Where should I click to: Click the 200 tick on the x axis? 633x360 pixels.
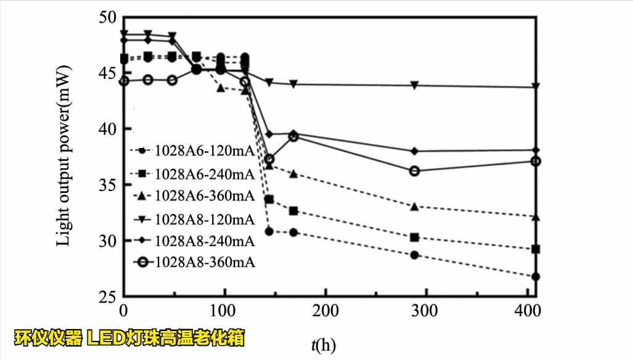pos(325,310)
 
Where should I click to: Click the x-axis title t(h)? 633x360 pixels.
pos(324,345)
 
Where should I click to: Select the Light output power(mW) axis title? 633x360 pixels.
pos(63,157)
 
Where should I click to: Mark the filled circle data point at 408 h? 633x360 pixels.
pos(536,277)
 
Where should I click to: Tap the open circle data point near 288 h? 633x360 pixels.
pos(415,171)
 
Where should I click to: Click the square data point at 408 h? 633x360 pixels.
pos(536,249)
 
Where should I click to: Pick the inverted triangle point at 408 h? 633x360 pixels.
pos(536,87)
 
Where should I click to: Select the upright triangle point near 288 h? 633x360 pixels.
pos(415,207)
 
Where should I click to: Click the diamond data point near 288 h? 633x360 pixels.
pos(415,151)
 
